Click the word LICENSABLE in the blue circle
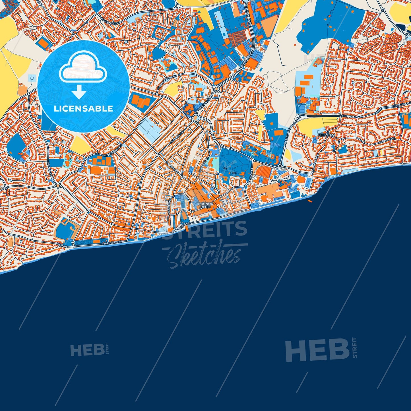(83, 109)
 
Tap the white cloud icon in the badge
(83, 68)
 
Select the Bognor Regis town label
(206, 205)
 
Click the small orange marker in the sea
(310, 201)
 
